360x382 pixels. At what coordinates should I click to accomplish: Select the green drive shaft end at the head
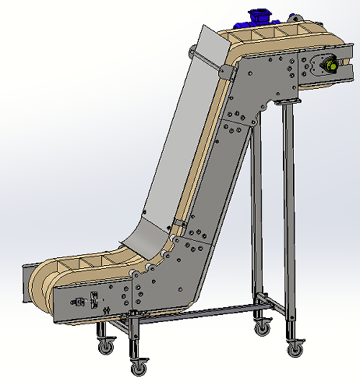point(333,66)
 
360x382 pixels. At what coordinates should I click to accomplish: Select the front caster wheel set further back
point(103,343)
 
